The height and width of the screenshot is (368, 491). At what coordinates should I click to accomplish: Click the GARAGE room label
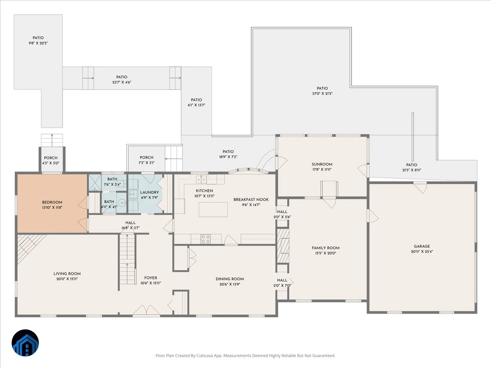pyautogui.click(x=422, y=246)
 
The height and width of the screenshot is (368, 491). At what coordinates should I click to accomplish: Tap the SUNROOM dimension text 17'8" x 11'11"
pyautogui.click(x=322, y=170)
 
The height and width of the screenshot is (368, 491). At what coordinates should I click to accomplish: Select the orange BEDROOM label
pyautogui.click(x=52, y=202)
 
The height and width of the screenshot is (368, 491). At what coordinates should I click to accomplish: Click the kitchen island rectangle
pyautogui.click(x=213, y=210)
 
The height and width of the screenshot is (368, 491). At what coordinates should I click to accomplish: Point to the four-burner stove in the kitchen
pyautogui.click(x=205, y=239)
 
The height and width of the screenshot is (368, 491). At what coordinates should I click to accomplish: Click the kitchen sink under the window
pyautogui.click(x=201, y=179)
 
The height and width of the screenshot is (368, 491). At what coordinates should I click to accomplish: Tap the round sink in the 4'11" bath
pyautogui.click(x=122, y=203)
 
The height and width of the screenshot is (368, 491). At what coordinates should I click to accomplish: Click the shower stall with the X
pyautogui.click(x=95, y=182)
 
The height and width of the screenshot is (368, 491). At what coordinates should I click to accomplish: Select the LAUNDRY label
pyautogui.click(x=149, y=192)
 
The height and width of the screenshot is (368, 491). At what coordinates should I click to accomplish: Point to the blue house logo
pyautogui.click(x=25, y=343)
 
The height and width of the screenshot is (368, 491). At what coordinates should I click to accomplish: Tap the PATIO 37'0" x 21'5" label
pyautogui.click(x=322, y=91)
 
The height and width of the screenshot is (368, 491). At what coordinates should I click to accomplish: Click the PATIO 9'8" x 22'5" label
pyautogui.click(x=38, y=40)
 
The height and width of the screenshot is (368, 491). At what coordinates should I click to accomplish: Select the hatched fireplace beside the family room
pyautogui.click(x=283, y=246)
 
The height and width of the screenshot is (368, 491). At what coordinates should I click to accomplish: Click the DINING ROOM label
pyautogui.click(x=230, y=279)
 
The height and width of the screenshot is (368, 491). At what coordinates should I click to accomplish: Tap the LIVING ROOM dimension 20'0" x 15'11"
pyautogui.click(x=67, y=279)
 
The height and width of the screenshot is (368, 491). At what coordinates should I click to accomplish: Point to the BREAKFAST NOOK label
pyautogui.click(x=251, y=200)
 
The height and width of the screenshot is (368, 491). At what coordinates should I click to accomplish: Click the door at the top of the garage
pyautogui.click(x=421, y=187)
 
